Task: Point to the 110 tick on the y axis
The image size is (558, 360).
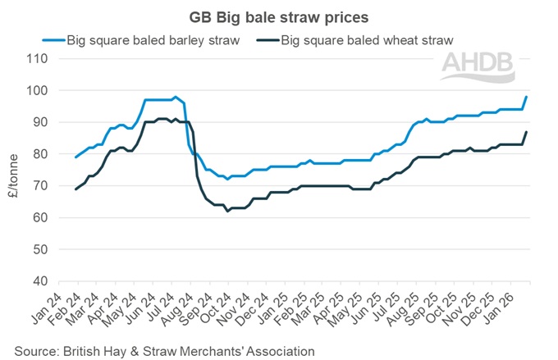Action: coord(39,58)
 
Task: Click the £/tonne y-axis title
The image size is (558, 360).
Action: coord(11,170)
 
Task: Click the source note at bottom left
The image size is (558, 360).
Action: coord(164,350)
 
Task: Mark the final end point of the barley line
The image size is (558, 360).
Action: coord(526,97)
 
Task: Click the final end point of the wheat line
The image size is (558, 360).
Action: coord(526,132)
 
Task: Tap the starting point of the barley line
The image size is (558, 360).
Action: coord(75,157)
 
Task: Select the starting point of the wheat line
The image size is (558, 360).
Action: coord(75,189)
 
